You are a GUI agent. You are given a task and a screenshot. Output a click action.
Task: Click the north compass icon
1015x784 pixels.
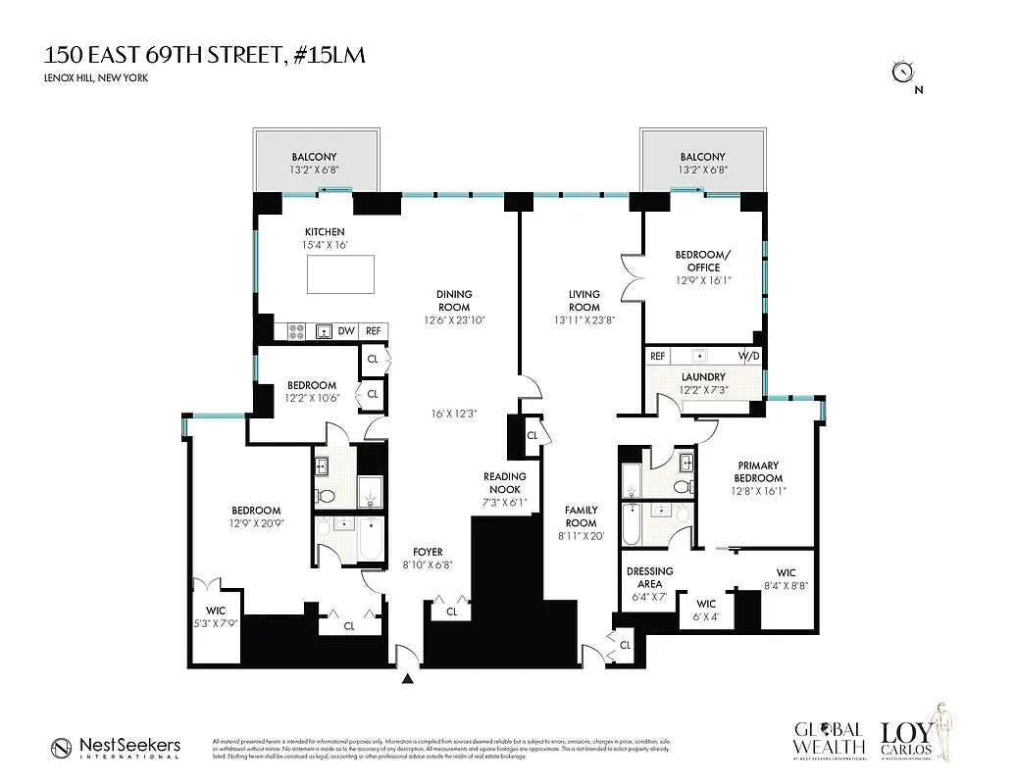coord(901,72)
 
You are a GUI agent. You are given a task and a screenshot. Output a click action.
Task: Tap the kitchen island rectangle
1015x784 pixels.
coord(340,274)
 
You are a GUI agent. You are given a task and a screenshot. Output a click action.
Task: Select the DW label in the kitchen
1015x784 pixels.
coord(346,331)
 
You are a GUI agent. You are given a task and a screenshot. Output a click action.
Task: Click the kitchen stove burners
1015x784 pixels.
coord(296,331)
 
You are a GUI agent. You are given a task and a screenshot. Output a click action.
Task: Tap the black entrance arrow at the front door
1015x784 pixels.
coord(409,678)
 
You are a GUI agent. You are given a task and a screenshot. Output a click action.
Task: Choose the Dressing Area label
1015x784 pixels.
coord(649,577)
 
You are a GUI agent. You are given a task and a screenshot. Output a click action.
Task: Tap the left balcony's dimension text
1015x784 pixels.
coord(314,171)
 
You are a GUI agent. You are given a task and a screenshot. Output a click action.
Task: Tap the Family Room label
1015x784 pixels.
coord(582,516)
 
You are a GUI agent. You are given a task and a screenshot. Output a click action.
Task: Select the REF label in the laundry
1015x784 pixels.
coord(658,357)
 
